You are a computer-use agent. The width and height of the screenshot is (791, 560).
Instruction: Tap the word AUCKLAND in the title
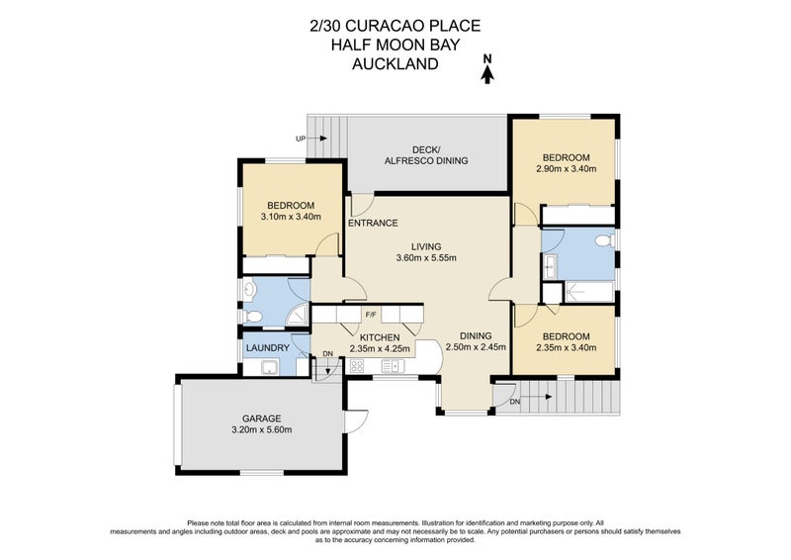tap(395, 64)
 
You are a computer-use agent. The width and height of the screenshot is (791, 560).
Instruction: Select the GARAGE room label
tap(261, 418)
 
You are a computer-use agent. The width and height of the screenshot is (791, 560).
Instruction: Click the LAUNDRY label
tap(267, 347)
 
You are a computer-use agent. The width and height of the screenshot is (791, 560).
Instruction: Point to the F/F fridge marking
tap(371, 316)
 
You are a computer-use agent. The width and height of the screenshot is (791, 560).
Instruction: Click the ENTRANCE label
tap(373, 223)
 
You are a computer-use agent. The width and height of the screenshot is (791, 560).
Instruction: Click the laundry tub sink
tap(267, 368)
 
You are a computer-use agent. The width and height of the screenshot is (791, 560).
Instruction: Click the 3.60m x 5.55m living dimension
tap(426, 259)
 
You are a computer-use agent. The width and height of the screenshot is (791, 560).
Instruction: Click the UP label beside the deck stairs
tap(301, 139)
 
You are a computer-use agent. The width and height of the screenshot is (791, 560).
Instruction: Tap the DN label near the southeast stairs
tap(514, 402)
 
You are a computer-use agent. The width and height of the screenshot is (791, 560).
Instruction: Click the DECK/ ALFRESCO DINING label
tap(426, 155)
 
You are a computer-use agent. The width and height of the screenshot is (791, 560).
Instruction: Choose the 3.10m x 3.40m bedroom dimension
tap(291, 217)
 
